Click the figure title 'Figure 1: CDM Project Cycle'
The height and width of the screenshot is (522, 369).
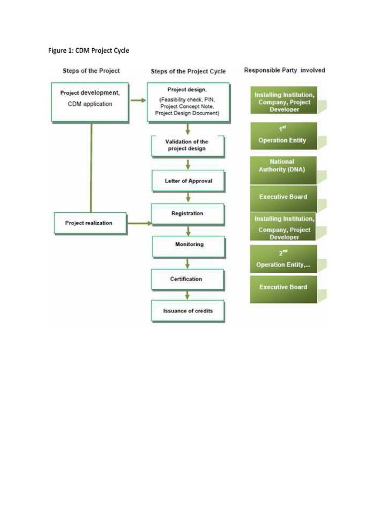click(x=88, y=51)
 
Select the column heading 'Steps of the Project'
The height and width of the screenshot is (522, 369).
click(x=91, y=70)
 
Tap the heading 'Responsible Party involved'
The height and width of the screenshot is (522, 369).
click(x=285, y=70)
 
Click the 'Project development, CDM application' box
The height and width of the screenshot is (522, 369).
click(x=90, y=102)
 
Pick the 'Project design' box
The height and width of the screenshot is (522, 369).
click(x=188, y=102)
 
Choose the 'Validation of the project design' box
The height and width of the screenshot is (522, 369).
click(x=188, y=145)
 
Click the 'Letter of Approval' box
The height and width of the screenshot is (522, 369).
click(x=188, y=181)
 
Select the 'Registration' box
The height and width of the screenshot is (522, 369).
click(x=188, y=214)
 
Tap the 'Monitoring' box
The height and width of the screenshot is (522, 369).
click(x=188, y=246)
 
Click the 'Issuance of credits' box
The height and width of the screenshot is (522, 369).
click(x=188, y=311)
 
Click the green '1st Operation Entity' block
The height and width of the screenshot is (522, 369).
click(x=284, y=136)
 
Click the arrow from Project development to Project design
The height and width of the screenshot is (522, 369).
click(x=138, y=100)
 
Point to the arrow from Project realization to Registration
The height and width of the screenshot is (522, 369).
click(x=139, y=223)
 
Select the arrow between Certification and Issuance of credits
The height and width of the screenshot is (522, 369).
click(x=188, y=295)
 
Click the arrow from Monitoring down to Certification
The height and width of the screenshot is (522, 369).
click(x=188, y=263)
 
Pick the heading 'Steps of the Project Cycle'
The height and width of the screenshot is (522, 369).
click(x=188, y=71)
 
